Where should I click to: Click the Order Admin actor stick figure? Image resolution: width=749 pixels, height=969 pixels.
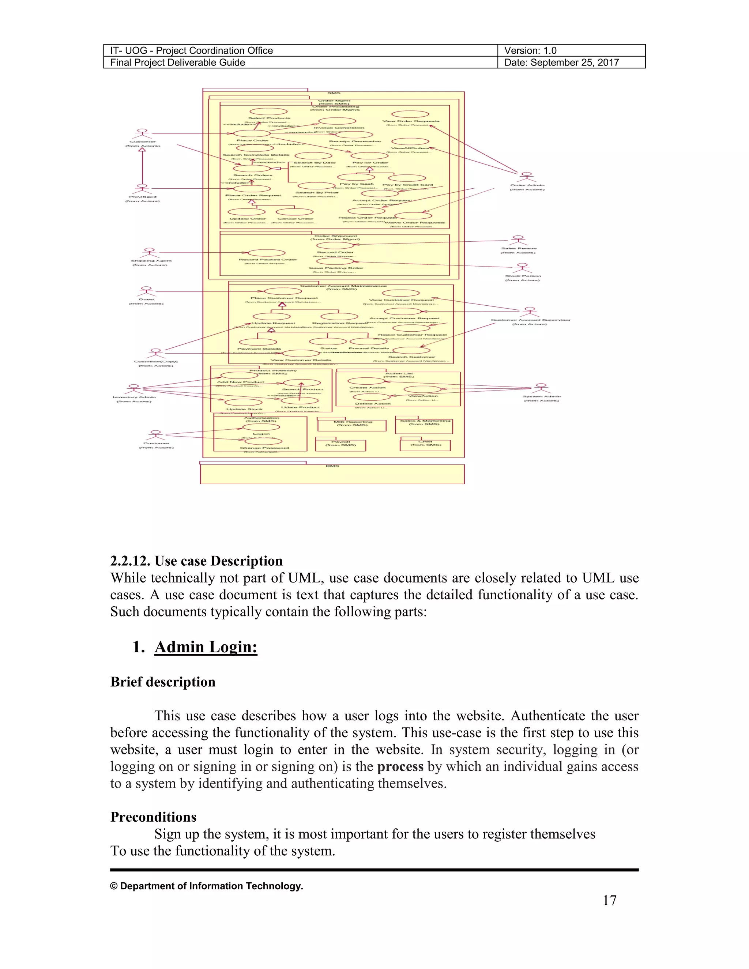(x=526, y=177)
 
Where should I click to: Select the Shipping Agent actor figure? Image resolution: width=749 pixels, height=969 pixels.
(x=150, y=253)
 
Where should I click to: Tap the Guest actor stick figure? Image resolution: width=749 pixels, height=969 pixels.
(x=146, y=291)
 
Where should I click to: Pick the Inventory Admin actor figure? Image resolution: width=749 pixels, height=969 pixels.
(x=133, y=389)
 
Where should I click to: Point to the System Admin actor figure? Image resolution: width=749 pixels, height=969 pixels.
(x=541, y=389)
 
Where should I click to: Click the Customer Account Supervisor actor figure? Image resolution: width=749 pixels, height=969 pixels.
(x=530, y=312)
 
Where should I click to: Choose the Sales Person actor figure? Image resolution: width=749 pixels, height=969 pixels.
(x=518, y=241)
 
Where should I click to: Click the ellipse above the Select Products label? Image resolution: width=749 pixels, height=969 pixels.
(x=268, y=112)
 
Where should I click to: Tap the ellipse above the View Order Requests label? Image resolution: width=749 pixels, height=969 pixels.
(x=410, y=114)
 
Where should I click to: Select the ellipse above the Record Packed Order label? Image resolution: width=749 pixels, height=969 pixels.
(x=267, y=253)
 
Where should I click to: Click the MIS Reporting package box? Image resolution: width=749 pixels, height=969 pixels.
(x=352, y=425)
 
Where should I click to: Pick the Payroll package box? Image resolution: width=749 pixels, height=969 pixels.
(x=341, y=445)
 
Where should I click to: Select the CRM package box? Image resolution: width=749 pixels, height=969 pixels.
(x=425, y=445)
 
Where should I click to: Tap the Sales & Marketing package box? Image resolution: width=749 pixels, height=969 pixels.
(x=424, y=425)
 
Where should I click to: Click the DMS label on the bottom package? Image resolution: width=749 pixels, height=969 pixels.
(x=332, y=466)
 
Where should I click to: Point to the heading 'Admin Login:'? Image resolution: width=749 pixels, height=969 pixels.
(x=206, y=647)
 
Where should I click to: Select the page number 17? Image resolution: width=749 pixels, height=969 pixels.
(x=609, y=900)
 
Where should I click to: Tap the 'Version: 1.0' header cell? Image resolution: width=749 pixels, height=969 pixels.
(x=530, y=50)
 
